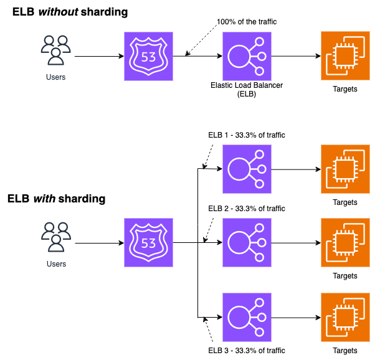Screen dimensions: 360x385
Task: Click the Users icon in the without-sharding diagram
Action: coord(55,50)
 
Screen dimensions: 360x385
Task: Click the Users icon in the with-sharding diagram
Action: coord(56,237)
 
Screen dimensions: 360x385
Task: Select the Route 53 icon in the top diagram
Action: coord(148,56)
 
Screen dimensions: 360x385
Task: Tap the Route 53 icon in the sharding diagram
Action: coord(148,242)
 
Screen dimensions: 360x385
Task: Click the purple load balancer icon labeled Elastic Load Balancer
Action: coord(247,56)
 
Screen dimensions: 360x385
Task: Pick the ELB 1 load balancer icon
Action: coord(247,169)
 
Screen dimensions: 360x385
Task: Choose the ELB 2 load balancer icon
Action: coord(247,242)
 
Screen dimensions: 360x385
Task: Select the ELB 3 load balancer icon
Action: coord(247,316)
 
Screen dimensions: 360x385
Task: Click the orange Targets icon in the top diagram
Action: coord(345,56)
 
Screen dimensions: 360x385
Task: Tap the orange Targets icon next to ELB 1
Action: coord(345,169)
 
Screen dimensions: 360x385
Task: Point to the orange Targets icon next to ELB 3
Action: coord(345,316)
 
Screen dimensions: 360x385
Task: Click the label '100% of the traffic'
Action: coord(246,22)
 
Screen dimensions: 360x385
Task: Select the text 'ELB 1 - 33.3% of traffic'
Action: coord(246,135)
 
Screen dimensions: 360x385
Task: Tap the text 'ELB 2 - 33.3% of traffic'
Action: coord(246,209)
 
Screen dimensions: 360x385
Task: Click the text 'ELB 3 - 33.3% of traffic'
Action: coord(246,351)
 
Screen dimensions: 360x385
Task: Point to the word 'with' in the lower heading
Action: coord(41,199)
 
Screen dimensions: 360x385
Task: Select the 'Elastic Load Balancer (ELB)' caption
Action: coord(246,89)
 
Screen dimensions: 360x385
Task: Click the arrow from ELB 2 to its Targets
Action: coord(295,242)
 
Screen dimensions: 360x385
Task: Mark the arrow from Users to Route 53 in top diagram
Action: coord(99,56)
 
